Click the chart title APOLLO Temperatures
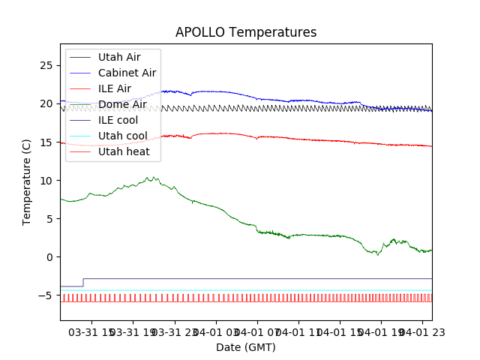[x=246, y=32]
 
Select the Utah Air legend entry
[x=118, y=57]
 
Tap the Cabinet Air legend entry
[x=127, y=73]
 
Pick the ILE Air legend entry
[x=114, y=88]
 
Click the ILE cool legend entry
[x=118, y=120]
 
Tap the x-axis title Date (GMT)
[x=246, y=347]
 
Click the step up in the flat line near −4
[x=83, y=282]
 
